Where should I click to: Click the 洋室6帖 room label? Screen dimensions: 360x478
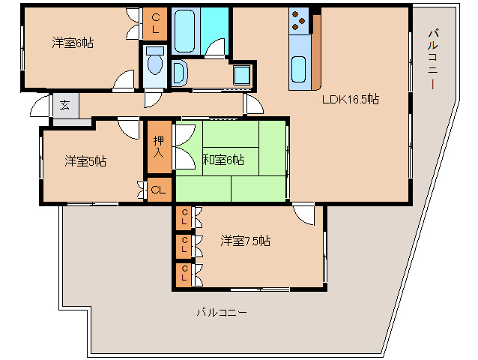pos(72,43)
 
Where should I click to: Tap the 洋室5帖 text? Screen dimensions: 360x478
pos(85,160)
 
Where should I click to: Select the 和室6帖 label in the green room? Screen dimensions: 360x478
pos(223,160)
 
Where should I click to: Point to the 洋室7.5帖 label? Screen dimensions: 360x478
pos(245,241)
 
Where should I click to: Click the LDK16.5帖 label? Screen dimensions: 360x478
pos(350,99)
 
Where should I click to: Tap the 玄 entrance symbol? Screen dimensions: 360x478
pos(64,105)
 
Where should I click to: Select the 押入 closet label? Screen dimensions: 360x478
pos(159,147)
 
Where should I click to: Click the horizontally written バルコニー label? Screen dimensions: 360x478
pos(222,312)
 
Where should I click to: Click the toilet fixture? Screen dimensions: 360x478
pos(155,61)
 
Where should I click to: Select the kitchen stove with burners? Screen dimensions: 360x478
pos(300,20)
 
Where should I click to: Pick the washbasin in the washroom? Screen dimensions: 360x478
pos(180,73)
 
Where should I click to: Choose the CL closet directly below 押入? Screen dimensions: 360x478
pos(159,190)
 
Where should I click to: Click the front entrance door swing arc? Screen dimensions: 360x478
pos(40,107)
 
